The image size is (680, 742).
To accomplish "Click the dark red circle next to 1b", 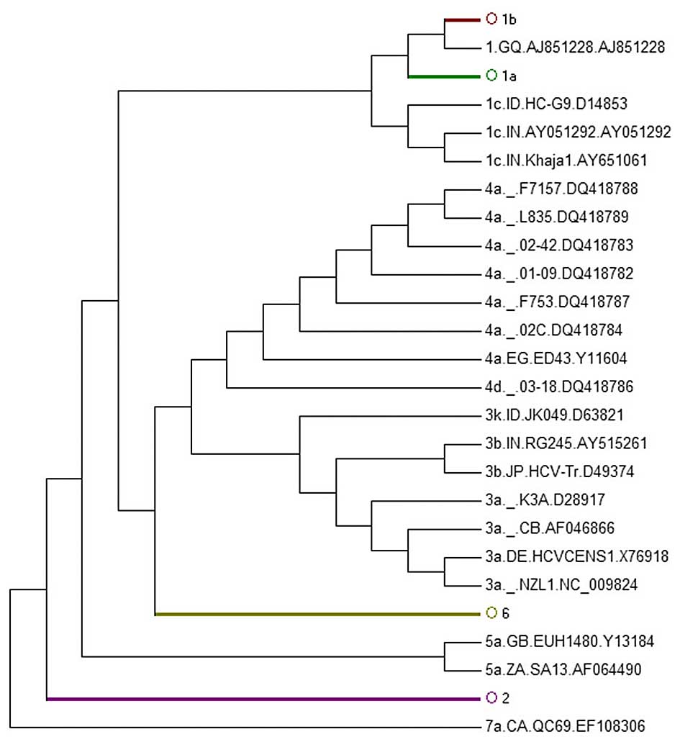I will [492, 18].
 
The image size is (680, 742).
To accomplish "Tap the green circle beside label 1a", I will [492, 75].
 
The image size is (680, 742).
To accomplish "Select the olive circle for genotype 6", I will [492, 612].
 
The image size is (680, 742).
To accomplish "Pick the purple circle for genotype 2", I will [492, 697].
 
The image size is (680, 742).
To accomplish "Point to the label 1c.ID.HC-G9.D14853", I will [556, 104].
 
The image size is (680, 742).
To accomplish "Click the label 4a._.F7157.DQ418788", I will [561, 189].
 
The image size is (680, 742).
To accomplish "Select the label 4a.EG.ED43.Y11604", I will [556, 358].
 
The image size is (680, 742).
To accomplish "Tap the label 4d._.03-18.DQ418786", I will [558, 386].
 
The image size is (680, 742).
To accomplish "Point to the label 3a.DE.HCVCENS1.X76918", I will [576, 556].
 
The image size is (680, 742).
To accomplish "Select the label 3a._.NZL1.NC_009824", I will [561, 584].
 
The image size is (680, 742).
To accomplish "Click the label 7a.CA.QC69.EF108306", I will [565, 725].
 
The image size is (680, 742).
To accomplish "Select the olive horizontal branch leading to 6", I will [317, 613].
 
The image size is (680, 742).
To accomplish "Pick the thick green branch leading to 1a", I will [443, 75].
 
